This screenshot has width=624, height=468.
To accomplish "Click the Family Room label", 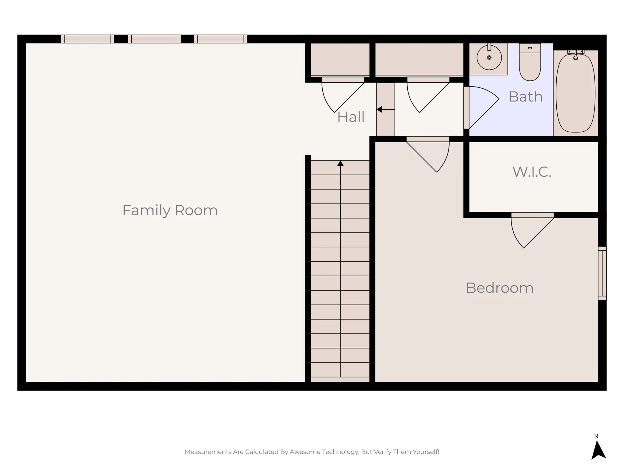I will point(170,210).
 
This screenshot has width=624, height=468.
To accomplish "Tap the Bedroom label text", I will point(499,288).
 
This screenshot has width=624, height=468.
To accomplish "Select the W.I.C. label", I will point(532,172).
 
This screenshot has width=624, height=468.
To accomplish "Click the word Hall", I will point(351,117).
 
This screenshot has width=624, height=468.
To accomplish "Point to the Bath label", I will point(525,97).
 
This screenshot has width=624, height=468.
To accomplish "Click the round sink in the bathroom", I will point(489,58).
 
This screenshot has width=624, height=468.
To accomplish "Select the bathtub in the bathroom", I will point(575,93).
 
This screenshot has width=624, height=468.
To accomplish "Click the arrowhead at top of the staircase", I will point(340,164).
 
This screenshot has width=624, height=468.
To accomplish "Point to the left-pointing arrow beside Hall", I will point(380,109).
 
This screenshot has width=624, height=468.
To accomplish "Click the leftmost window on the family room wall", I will point(87,39).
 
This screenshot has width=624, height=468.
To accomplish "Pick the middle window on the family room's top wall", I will point(154,39).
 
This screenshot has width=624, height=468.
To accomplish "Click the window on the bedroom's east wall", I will point(602,273).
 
